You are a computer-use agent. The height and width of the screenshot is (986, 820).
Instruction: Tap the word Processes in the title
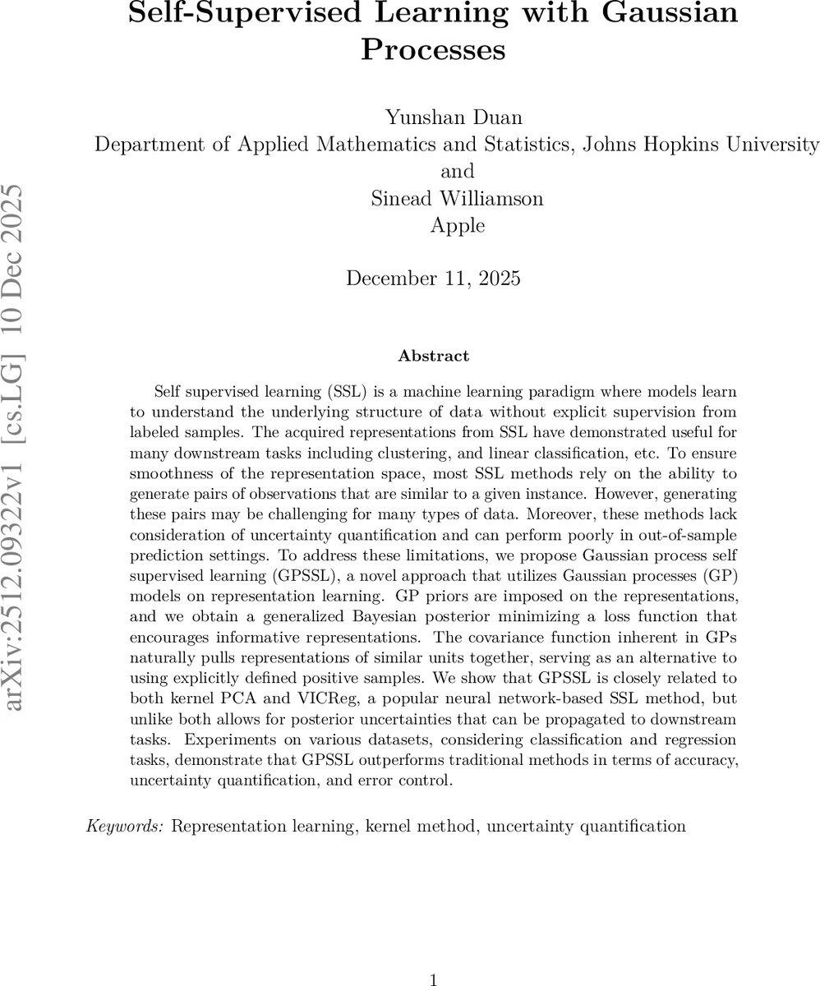point(433,49)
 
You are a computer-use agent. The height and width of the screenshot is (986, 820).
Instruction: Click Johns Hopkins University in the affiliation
point(700,145)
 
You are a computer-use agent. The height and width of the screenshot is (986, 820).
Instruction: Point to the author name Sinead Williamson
point(458,198)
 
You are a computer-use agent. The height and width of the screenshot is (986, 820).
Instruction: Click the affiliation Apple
point(458,225)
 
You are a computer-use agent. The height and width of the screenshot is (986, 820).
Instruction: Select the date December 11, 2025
point(433,279)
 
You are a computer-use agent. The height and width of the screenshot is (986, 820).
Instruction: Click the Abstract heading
point(433,356)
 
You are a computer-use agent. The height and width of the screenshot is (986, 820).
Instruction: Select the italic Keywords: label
point(127,826)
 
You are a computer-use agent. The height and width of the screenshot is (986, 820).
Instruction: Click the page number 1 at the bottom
point(433,979)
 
